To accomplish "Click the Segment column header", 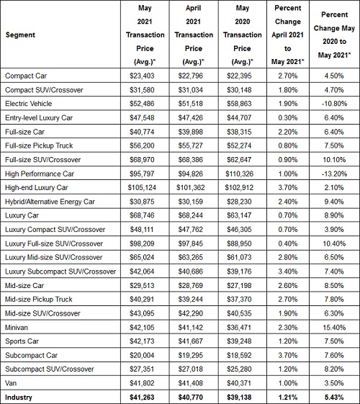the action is pos(20,35).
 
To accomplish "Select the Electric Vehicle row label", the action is pos(28,104).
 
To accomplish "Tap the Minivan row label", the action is pos(17,328).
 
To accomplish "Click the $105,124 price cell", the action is pos(142,187).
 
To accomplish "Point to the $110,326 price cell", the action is pos(240,174).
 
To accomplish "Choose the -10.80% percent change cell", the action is pos(334,104).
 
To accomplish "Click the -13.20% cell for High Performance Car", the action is pos(334,174).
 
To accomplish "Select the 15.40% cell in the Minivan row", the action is pos(334,328).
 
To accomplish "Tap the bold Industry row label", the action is pos(19,398).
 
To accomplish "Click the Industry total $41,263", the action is pos(142,398).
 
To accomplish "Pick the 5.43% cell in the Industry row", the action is pos(334,398).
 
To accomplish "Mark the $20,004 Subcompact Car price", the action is pos(142,355).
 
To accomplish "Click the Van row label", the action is pos(11,383).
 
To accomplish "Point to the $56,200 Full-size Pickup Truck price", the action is pos(142,145).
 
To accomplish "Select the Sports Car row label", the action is pos(22,341).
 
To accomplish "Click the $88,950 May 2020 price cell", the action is pos(239,243).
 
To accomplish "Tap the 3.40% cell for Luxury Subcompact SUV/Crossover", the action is pos(287,271).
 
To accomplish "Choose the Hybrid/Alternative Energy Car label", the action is pos(50,202).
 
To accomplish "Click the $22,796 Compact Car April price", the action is pos(191,76).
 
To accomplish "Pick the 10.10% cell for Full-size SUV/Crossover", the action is pos(334,160).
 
